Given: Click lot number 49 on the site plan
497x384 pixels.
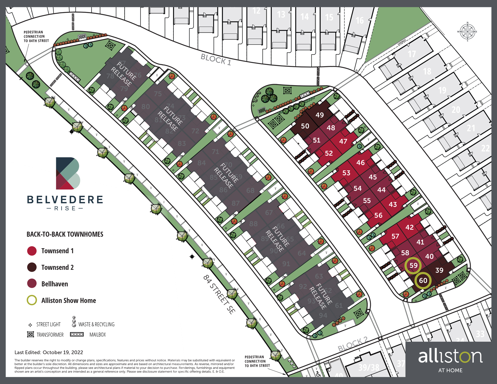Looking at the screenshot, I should pos(319,115).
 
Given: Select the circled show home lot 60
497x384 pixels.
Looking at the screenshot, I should pos(423,280).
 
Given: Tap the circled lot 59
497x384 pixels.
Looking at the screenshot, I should pos(413,265).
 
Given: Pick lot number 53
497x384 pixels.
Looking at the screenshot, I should pos(346,173).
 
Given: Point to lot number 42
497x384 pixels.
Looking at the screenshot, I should pos(409,227).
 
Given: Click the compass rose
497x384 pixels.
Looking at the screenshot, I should pos(467,32).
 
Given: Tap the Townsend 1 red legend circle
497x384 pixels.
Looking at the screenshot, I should pos(32,251).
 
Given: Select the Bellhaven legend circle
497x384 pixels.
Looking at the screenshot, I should pos(32,284).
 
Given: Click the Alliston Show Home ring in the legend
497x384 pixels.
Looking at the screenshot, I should pos(32,300).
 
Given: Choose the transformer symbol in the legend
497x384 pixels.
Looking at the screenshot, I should pos(31,334).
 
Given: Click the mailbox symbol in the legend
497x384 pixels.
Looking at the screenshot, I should pos(77,334).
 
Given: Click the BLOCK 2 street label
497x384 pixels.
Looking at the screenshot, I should pos(353,344).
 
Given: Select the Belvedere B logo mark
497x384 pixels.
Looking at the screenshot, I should pos(68,173).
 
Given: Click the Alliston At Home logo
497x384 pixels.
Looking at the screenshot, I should pos(450,360).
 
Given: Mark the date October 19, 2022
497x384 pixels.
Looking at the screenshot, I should pos(63,352).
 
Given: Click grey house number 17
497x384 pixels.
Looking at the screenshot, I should pos(412,54).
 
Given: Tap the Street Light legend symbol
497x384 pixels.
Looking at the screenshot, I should pos(30,325).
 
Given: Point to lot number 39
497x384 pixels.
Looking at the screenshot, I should pos(439,270).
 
